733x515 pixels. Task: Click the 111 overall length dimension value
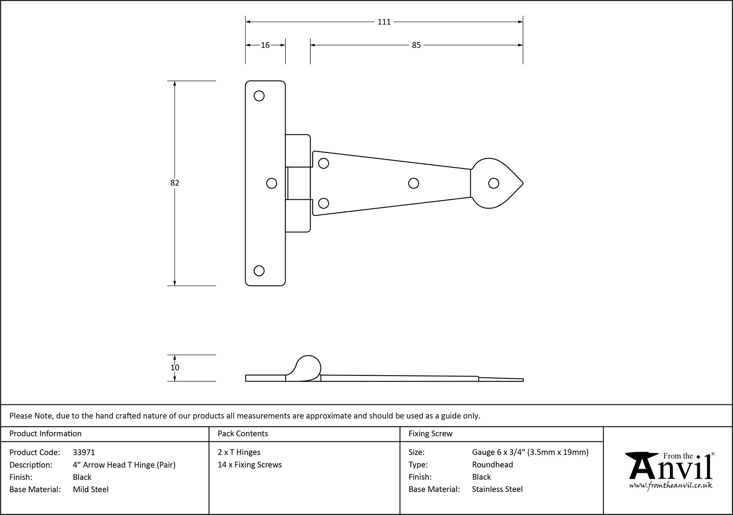[384, 22]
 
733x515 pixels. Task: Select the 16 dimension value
[265, 45]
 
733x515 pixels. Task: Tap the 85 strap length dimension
[416, 45]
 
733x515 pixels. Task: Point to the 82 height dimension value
[175, 183]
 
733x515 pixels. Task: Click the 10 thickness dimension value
[175, 367]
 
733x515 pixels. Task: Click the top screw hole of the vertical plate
[259, 96]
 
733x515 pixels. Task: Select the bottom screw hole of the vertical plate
[259, 271]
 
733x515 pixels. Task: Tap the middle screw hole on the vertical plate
[272, 183]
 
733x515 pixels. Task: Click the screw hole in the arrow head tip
[494, 183]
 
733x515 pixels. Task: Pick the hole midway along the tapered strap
[413, 183]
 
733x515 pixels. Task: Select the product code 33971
[84, 452]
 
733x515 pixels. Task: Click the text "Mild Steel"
[91, 489]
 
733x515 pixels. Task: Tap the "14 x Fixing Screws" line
[250, 465]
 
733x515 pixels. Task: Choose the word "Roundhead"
[492, 465]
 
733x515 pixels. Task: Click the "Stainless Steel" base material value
[497, 489]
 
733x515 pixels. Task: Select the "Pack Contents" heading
[243, 434]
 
